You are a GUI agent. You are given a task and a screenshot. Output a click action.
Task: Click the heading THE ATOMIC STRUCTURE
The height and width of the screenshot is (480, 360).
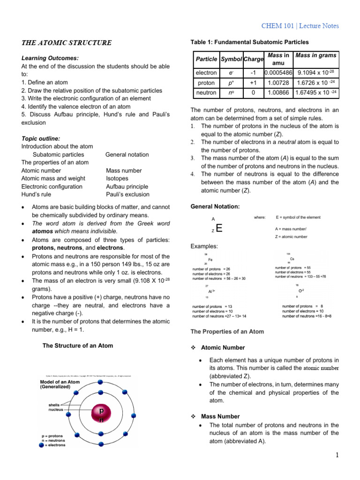(66, 43)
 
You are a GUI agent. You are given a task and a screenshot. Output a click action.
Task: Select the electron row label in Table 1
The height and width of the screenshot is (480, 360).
(206, 73)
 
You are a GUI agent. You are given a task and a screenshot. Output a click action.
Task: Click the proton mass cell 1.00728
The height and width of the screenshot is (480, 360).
(278, 82)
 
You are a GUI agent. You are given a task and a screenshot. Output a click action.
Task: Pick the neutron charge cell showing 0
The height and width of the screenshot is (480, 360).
(254, 92)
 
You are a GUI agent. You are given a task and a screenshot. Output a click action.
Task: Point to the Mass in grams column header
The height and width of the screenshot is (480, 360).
(316, 55)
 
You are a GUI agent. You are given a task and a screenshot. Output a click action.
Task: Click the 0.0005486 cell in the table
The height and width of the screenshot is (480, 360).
(278, 73)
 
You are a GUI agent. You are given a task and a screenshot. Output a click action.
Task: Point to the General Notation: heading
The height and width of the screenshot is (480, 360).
(215, 207)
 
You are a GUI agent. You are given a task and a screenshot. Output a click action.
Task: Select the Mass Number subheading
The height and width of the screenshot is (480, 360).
(220, 416)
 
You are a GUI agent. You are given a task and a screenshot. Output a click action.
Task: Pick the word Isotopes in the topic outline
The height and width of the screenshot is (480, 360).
(117, 179)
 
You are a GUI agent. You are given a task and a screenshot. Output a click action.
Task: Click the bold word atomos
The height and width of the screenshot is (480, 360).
(43, 232)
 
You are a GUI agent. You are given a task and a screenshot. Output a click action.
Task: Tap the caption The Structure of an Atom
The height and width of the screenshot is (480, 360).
(78, 346)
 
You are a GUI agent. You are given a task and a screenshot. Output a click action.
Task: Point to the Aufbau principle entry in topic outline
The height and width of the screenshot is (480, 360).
(127, 187)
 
